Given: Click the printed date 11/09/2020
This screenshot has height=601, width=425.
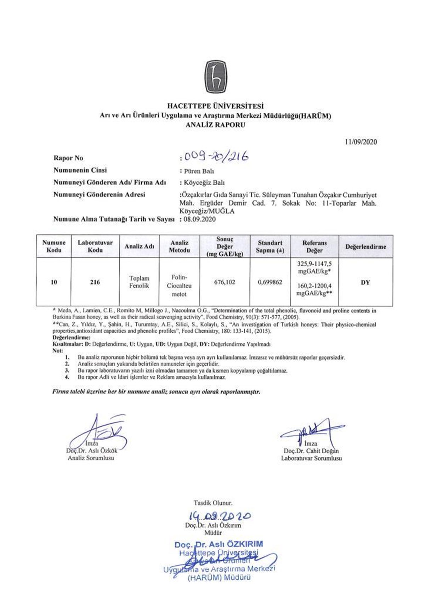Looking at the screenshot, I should point(361,142).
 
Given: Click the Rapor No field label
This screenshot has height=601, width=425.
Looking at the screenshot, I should point(68,158).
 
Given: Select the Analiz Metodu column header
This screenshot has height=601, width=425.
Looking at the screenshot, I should point(180,246).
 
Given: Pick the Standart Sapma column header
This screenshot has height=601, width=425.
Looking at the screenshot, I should point(270,246).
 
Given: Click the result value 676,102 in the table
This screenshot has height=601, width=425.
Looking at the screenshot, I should point(225,282).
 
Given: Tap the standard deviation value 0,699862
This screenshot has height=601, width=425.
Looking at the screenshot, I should point(270,282).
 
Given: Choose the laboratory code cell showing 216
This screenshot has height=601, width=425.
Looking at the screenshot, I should point(95,282).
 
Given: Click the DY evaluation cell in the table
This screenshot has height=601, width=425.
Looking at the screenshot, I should point(365,282).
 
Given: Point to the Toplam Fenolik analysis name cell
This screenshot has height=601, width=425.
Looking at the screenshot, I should point(139,282).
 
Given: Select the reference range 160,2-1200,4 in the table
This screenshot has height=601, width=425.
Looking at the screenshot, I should point(314,286).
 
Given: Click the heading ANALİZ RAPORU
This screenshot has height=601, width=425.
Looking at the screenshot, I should point(215,125).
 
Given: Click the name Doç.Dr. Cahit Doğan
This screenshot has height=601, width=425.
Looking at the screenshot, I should point(311,451).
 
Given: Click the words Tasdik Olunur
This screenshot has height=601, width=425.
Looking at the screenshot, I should point(213,503).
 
